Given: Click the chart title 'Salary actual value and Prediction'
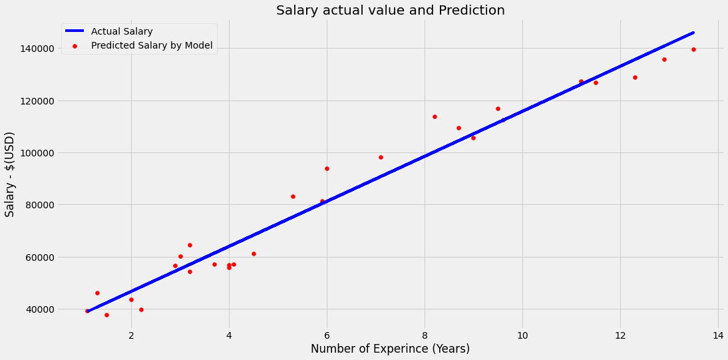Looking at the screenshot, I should pos(390,11).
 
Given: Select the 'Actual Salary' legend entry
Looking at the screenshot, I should pos(122,32).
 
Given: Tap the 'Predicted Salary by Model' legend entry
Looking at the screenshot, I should pos(152,45).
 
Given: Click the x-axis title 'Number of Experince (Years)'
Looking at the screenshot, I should pos(390,349).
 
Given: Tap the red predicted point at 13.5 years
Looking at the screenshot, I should pos(693,49).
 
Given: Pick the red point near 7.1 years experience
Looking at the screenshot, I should pos(381,157).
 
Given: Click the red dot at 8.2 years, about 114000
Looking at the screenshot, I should pos(435,116).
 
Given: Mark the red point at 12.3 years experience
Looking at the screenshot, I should pos(635,77).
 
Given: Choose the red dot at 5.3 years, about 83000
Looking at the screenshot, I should pos(293,196).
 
